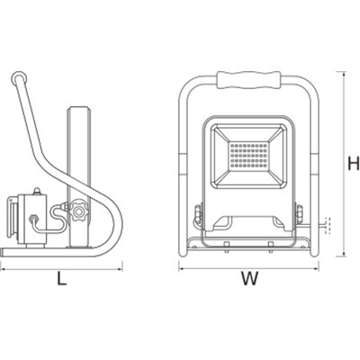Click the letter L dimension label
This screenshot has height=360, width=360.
pyautogui.click(x=61, y=278)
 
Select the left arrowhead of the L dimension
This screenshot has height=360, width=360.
pyautogui.click(x=4, y=267)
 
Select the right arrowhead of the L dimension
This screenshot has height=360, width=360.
pyautogui.click(x=122, y=267)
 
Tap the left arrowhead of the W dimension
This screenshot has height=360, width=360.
pyautogui.click(x=180, y=267)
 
